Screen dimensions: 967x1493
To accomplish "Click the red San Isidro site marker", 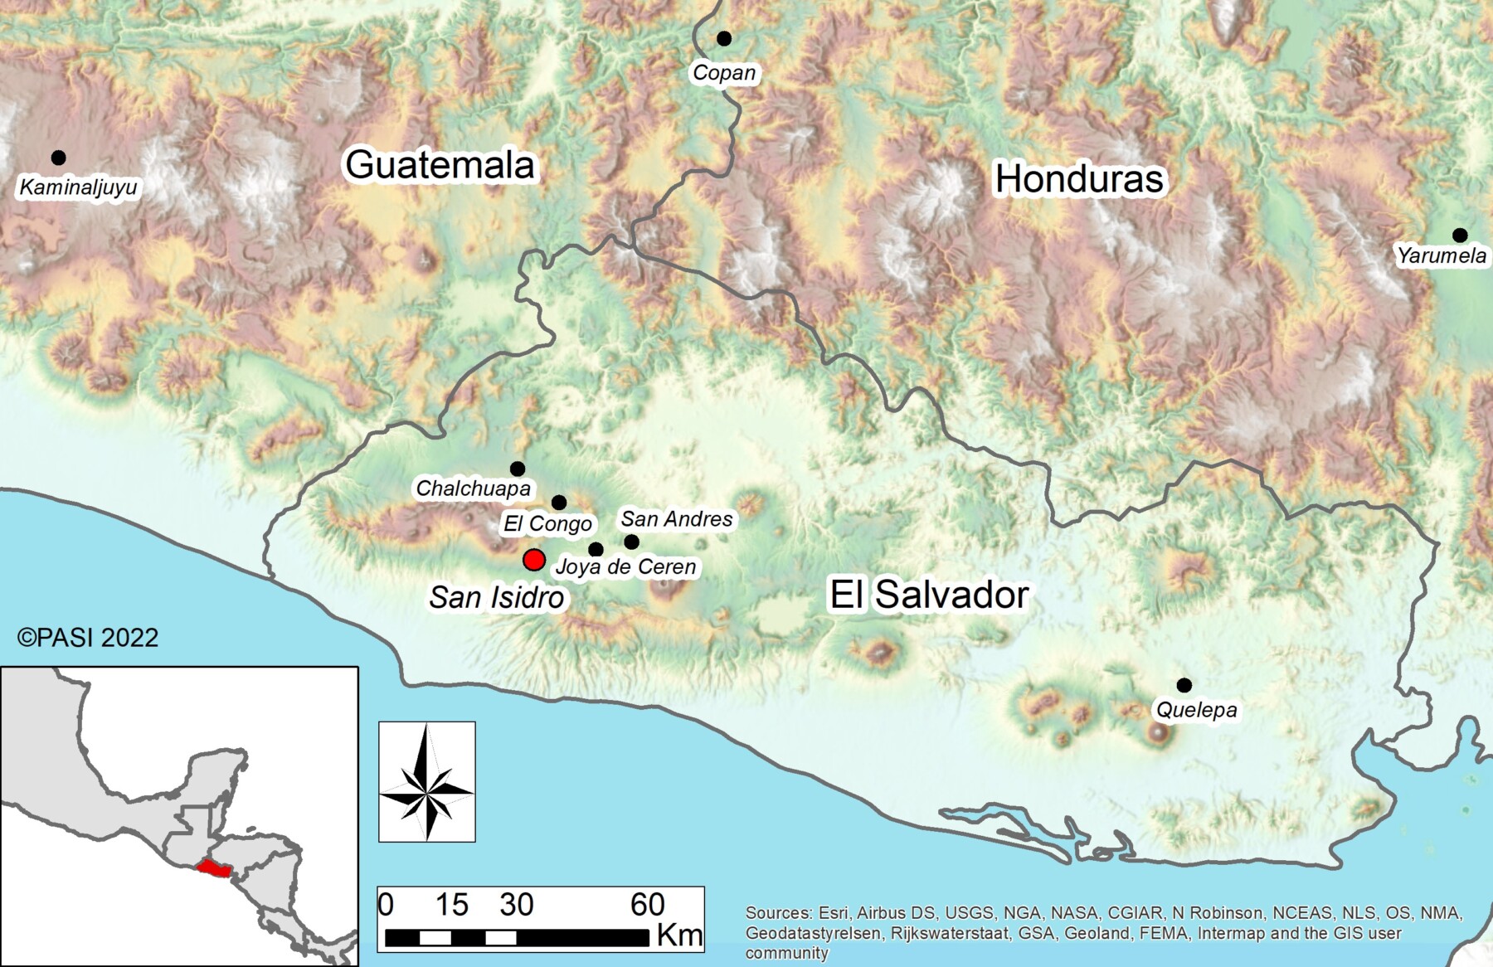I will tap(533, 560).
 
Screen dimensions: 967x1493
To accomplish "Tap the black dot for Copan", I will tap(724, 38).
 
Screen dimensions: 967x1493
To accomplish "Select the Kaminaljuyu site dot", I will tap(58, 158).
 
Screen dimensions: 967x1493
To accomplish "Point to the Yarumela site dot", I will tap(1460, 236).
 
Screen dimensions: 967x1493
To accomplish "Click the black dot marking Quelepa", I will tap(1184, 685).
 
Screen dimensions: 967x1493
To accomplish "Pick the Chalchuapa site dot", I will tap(518, 469).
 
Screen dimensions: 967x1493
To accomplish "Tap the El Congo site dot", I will tap(559, 503).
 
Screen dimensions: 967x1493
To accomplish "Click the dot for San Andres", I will tap(631, 542).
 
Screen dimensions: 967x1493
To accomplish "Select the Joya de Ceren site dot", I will tap(596, 550).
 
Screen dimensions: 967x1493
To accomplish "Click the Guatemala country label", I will tap(440, 164).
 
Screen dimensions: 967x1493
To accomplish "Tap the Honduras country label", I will tap(1079, 179).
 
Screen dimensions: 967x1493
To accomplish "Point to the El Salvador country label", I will tap(929, 595).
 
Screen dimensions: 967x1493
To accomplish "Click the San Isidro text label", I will tap(496, 597).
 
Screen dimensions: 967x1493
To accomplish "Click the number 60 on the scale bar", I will tap(648, 905).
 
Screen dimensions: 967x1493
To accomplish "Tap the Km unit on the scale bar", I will tap(679, 935).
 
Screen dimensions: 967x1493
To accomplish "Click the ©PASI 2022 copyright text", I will tap(88, 637).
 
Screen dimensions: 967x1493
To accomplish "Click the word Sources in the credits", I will tap(778, 913).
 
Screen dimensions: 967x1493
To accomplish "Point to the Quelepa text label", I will tap(1196, 710).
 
